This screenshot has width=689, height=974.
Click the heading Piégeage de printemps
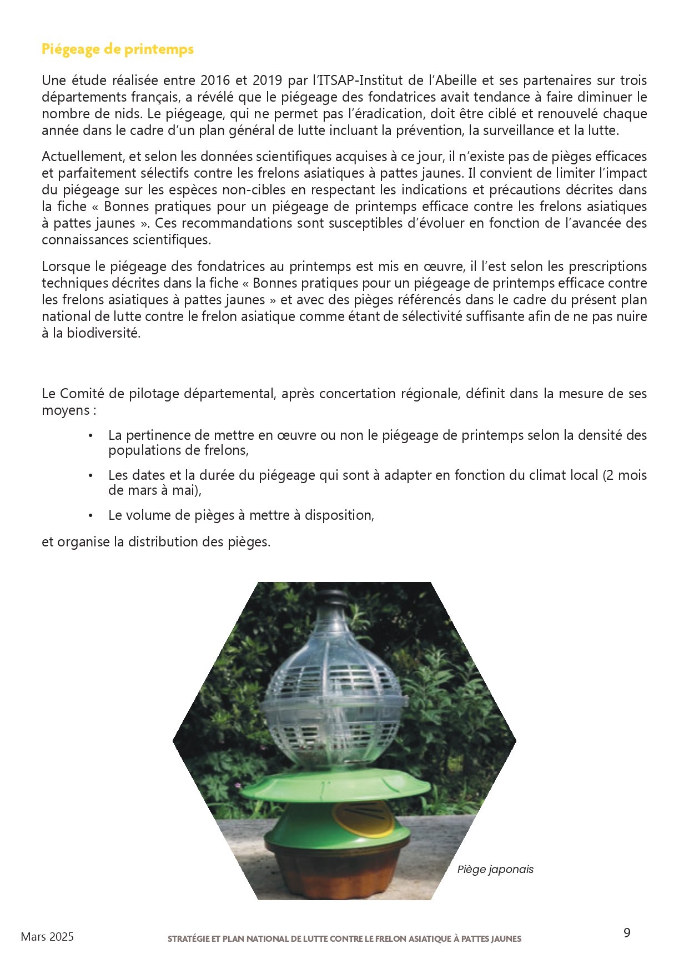(x=117, y=49)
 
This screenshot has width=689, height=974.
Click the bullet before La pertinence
(x=90, y=435)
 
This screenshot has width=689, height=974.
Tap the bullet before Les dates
(x=90, y=476)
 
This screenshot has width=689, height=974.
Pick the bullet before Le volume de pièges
(x=90, y=516)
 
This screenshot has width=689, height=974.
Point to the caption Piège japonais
(x=495, y=870)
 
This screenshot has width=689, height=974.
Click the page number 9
(x=627, y=933)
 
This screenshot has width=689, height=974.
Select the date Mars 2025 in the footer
(x=47, y=937)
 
